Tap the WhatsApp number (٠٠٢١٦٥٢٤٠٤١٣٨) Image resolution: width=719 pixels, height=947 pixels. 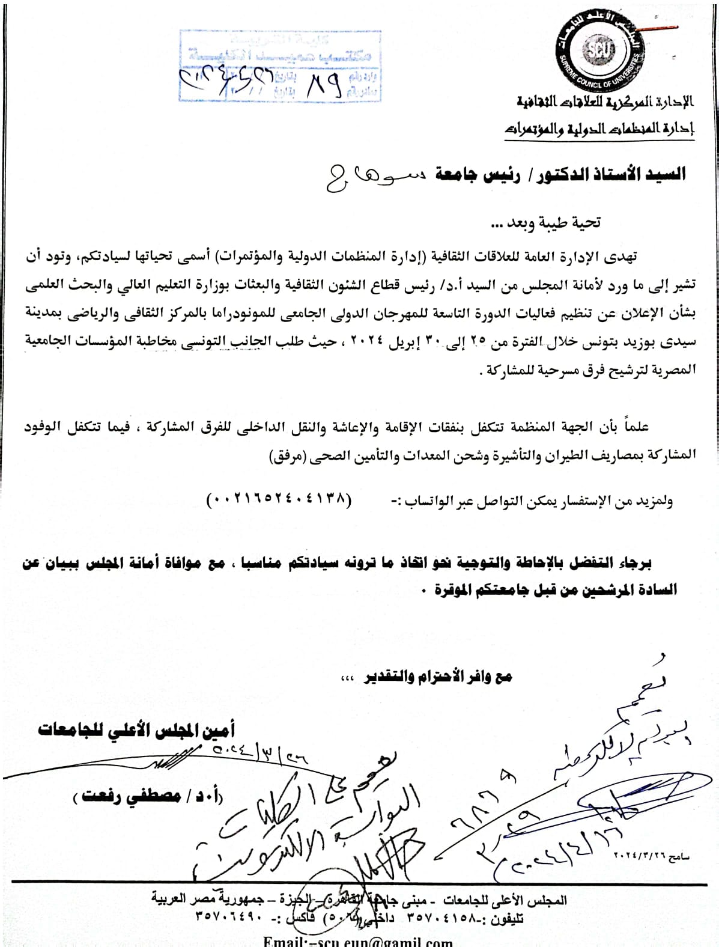coord(277,499)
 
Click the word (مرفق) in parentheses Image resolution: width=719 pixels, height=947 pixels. coord(284,457)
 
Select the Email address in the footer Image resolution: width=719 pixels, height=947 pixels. coord(357,941)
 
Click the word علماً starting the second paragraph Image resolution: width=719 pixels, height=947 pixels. coord(636,427)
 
